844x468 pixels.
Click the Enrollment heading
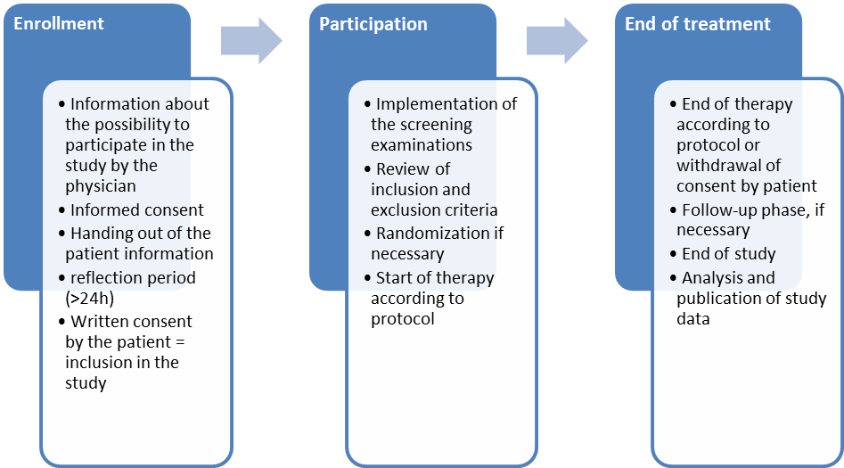(59, 24)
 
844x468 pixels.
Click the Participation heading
(373, 24)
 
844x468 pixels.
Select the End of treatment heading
(697, 24)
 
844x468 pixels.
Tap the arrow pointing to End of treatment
(556, 39)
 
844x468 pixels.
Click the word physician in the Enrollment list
(101, 185)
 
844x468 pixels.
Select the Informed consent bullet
(136, 210)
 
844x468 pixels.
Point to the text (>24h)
(89, 297)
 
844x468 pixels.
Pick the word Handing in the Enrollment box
(99, 233)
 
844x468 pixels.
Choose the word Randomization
(432, 234)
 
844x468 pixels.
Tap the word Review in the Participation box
(400, 168)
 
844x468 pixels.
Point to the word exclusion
(408, 210)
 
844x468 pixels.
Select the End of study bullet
(728, 253)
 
